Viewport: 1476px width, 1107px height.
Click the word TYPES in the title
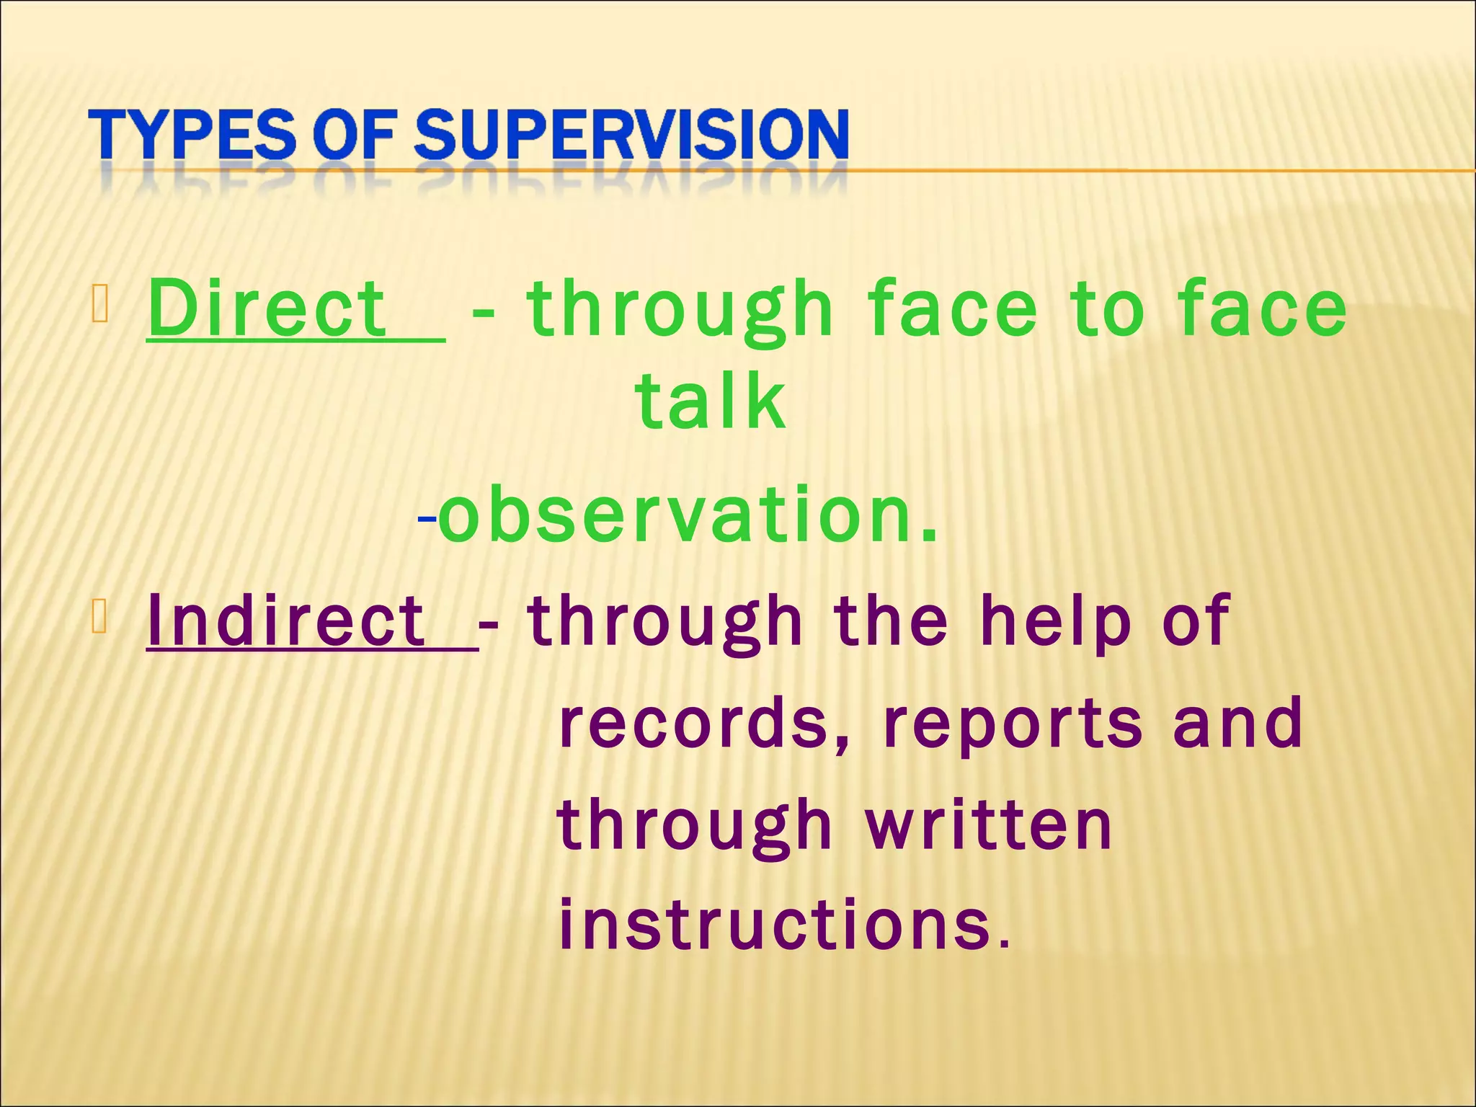pos(192,135)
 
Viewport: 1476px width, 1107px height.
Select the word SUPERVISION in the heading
pos(631,135)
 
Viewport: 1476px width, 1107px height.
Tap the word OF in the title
pos(354,135)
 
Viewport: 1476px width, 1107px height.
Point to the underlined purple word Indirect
pos(286,621)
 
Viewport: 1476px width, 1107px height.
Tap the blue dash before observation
pos(427,517)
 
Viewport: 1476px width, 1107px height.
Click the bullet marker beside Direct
pos(100,303)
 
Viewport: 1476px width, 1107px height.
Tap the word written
pos(989,825)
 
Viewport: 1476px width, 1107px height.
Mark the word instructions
pos(775,924)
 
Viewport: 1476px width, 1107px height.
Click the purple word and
pos(1237,723)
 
